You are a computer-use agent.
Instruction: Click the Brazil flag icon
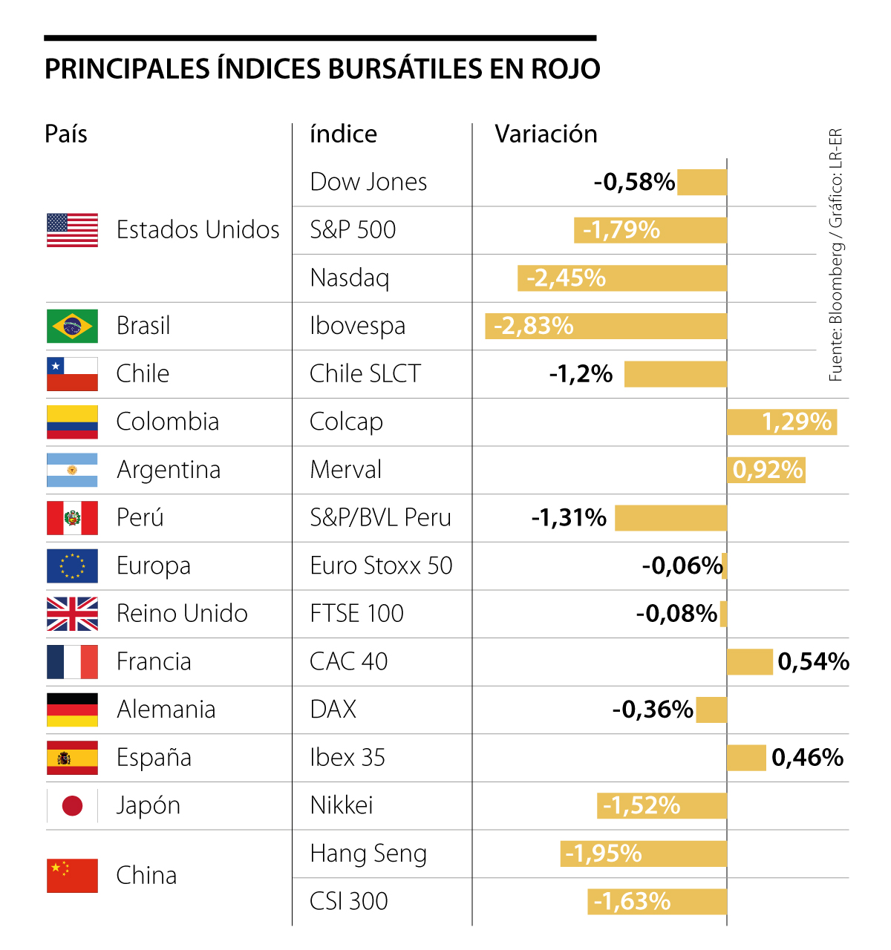point(72,326)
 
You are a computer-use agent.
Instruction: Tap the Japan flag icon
point(72,805)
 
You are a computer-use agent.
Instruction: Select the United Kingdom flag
point(72,614)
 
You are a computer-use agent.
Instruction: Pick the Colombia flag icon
point(72,422)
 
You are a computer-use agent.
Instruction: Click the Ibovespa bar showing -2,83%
point(605,327)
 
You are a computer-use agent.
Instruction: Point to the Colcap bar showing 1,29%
point(782,422)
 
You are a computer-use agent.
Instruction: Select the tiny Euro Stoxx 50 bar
point(725,566)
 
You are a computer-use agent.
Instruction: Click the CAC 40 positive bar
point(750,662)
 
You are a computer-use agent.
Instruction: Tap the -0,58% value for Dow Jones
point(634,182)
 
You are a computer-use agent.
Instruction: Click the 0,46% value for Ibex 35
point(808,758)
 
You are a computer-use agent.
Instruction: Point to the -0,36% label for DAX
point(653,710)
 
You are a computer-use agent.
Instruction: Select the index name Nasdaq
point(350,278)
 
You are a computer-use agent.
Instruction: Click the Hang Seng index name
point(368,854)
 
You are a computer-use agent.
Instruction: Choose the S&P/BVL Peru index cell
point(380,517)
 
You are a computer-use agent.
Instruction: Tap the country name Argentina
point(169,470)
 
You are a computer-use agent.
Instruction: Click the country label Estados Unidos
point(198,230)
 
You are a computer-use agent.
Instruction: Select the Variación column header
point(546,134)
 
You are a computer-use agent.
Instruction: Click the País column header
point(66,134)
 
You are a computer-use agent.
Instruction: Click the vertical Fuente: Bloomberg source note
point(836,256)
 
